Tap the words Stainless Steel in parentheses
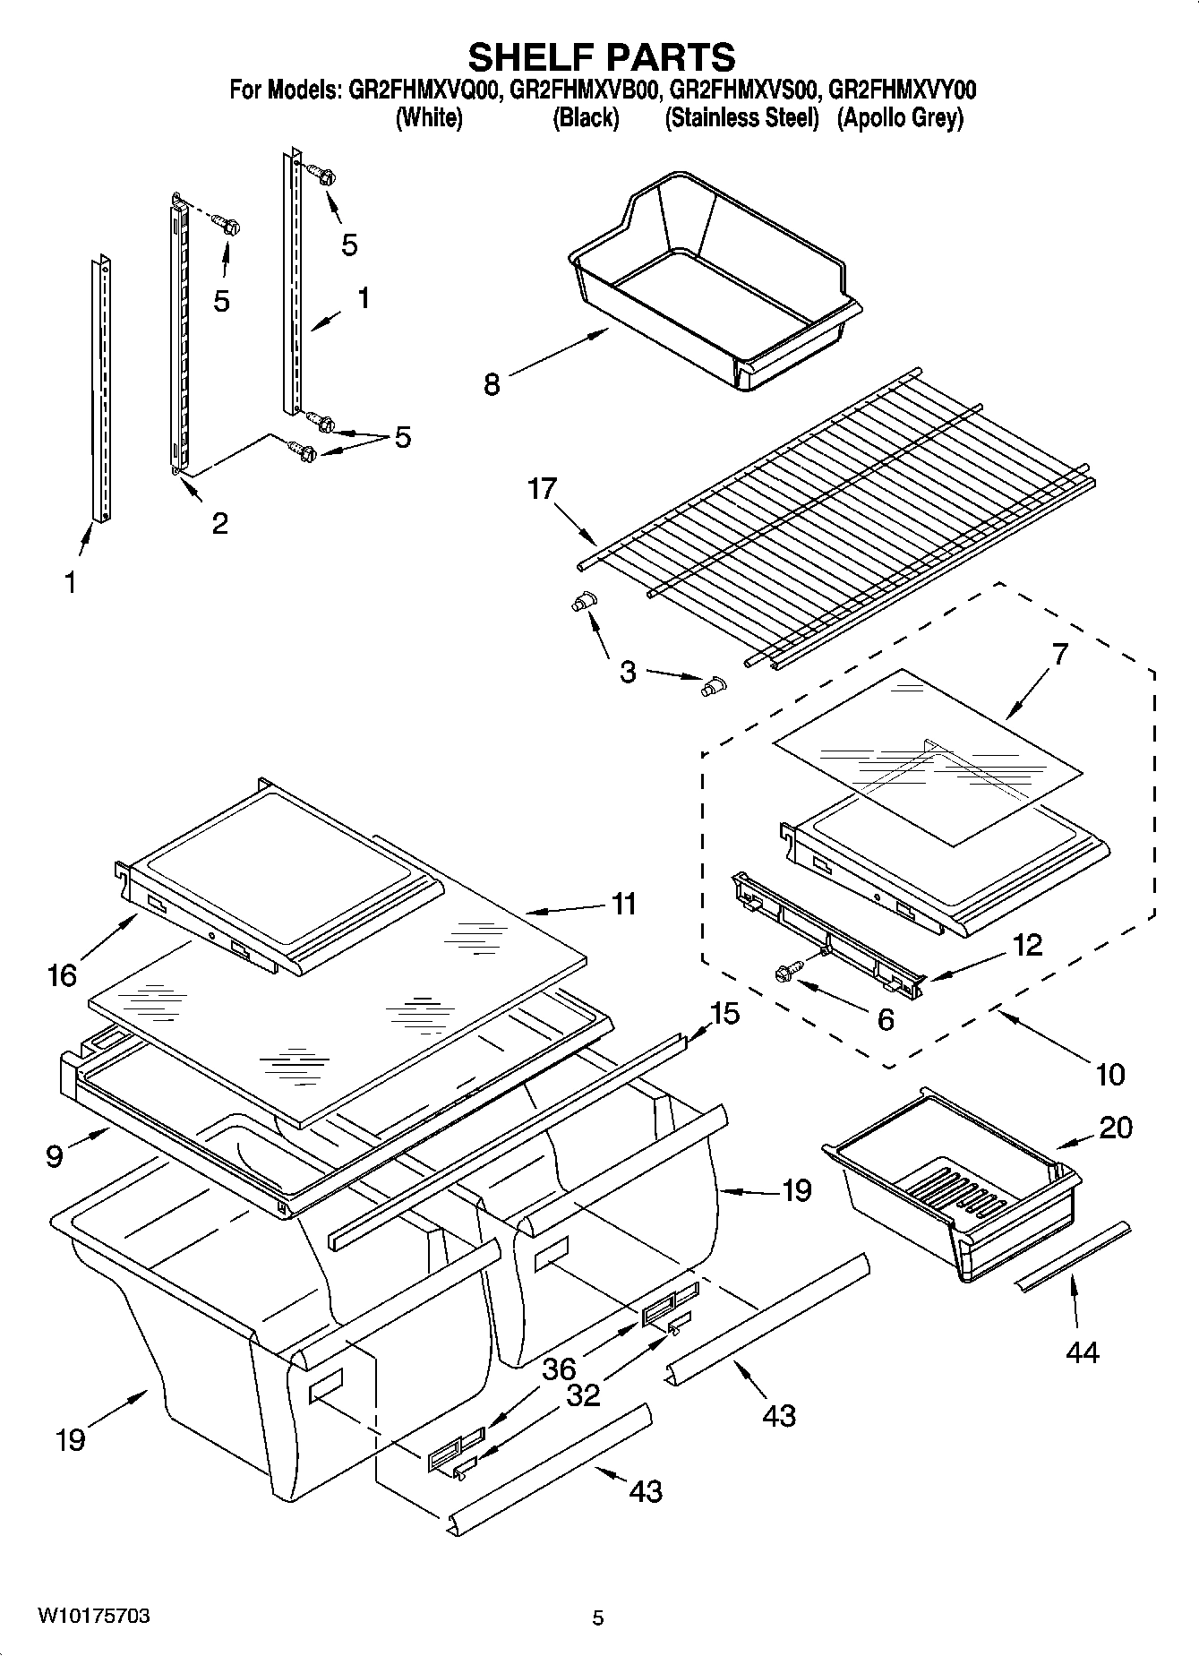[741, 117]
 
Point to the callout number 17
[543, 490]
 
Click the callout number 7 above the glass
[1059, 655]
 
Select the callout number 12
[1028, 945]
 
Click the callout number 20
[1115, 1127]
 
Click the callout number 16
[63, 974]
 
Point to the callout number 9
[56, 1156]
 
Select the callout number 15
[724, 1013]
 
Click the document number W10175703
[93, 1617]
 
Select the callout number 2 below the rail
[219, 522]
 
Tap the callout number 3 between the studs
[628, 671]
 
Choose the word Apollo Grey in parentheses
[900, 117]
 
